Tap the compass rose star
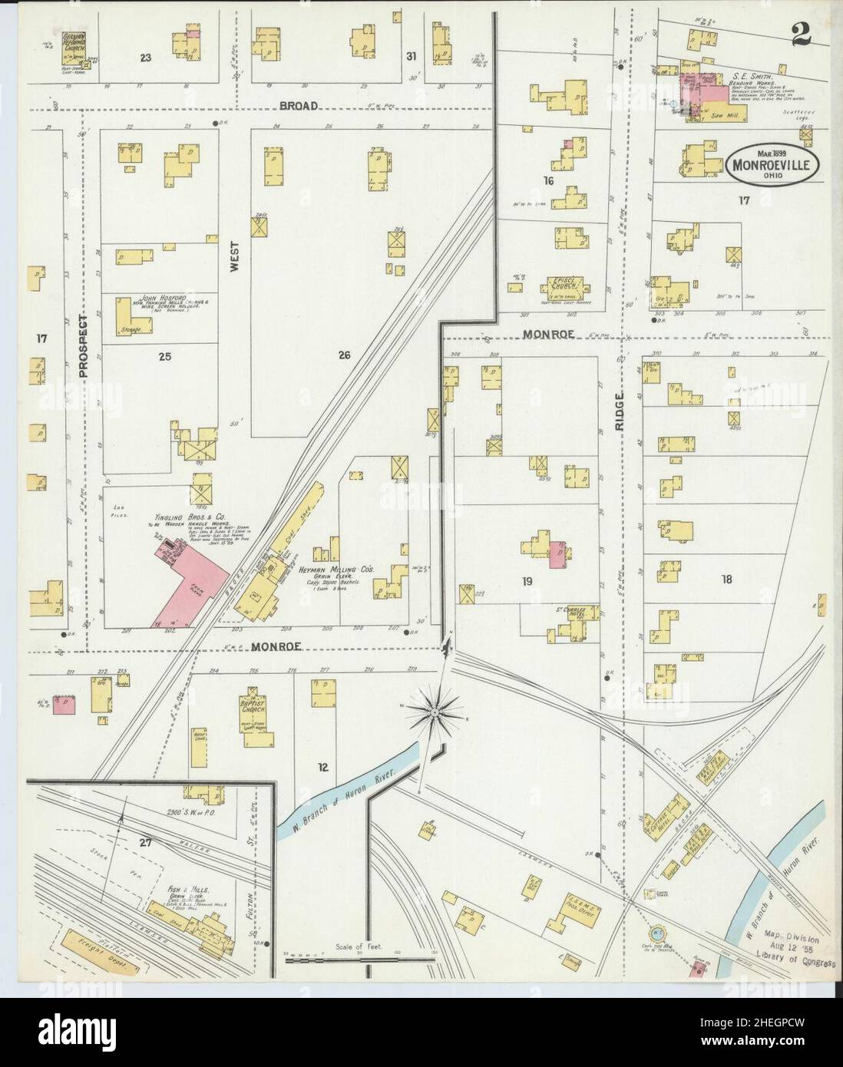(435, 712)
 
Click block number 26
(344, 355)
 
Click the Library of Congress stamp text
(794, 963)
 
